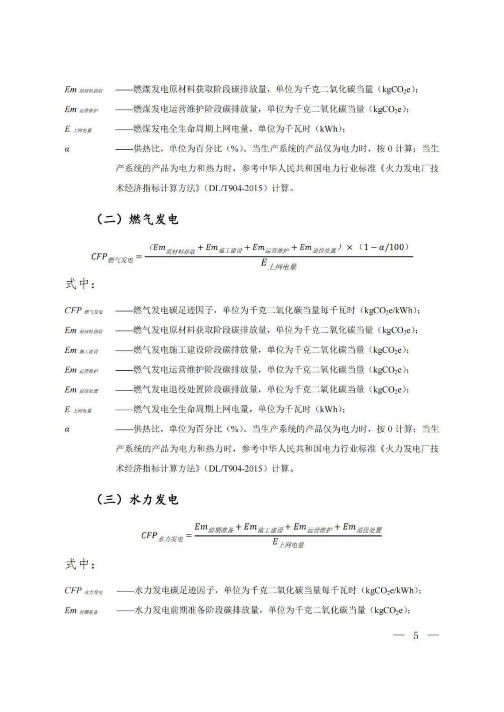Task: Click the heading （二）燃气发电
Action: pyautogui.click(x=137, y=219)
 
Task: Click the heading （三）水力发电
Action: pyautogui.click(x=137, y=499)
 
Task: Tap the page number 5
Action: pyautogui.click(x=415, y=636)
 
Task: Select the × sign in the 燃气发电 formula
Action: pyautogui.click(x=350, y=248)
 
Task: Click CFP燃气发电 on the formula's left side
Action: pyautogui.click(x=112, y=257)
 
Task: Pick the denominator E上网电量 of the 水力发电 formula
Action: pyautogui.click(x=288, y=543)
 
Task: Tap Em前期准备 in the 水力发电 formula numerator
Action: pyautogui.click(x=214, y=528)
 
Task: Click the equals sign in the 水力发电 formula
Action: pyautogui.click(x=189, y=536)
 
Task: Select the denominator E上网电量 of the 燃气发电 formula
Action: pyautogui.click(x=279, y=264)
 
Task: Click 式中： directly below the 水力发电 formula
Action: pyautogui.click(x=80, y=564)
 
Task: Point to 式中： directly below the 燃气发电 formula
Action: pyautogui.click(x=80, y=284)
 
